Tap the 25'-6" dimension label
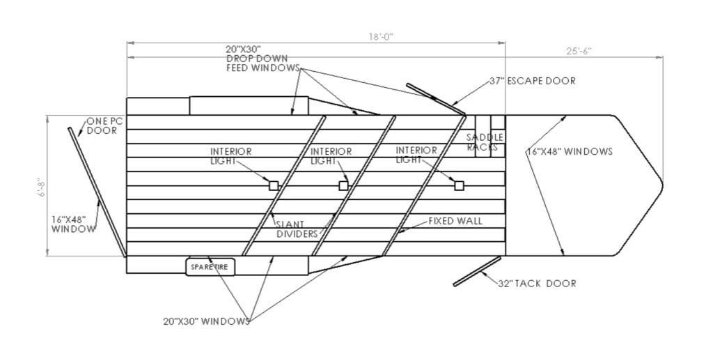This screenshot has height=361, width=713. tap(579, 51)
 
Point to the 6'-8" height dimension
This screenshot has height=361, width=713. tap(42, 187)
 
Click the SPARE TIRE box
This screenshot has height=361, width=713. tap(210, 267)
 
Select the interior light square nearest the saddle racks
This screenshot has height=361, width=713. tap(460, 186)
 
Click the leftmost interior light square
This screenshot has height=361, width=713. tap(273, 186)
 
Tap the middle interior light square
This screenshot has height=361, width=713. tap(343, 186)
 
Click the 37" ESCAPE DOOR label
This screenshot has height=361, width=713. tap(532, 81)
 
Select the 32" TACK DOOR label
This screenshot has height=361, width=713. tap(537, 284)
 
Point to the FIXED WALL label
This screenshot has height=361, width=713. tap(455, 221)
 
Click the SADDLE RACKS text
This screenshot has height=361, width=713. tap(485, 142)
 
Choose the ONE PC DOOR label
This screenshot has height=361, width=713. tap(102, 125)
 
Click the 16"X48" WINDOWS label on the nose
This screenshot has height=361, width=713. tap(570, 152)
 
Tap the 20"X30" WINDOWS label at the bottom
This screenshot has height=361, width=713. tap(206, 321)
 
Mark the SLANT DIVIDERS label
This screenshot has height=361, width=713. tap(297, 229)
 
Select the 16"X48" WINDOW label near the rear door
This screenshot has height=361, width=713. tap(74, 224)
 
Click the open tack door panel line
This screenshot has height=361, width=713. tap(477, 272)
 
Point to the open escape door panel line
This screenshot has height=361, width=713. tap(436, 98)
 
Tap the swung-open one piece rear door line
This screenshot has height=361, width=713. tap(97, 192)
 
